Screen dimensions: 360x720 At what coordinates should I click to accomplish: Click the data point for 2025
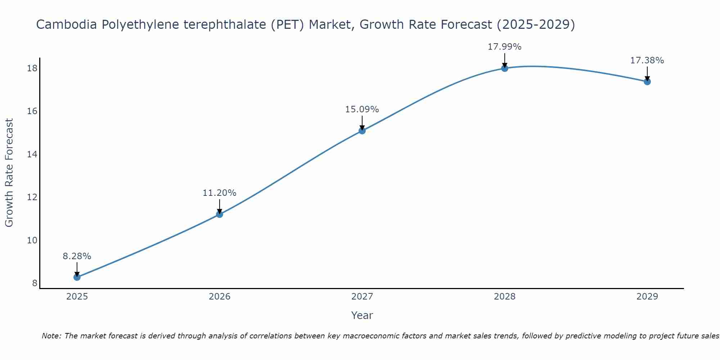point(77,277)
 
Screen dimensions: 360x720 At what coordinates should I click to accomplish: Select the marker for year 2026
point(220,214)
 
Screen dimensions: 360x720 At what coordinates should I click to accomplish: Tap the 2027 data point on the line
point(362,131)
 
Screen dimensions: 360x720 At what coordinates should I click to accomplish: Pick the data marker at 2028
point(505,68)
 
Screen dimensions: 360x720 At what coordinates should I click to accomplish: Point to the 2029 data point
point(647,81)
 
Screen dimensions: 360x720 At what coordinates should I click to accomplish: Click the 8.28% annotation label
point(77,256)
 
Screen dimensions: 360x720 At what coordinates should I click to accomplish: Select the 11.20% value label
point(220,193)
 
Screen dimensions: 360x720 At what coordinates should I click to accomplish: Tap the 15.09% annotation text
point(362,109)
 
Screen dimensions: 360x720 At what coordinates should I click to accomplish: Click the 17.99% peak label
point(505,47)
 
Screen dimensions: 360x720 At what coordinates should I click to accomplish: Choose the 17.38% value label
point(647,60)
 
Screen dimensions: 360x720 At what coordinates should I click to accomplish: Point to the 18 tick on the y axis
point(32,68)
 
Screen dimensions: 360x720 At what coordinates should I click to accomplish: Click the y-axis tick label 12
point(32,197)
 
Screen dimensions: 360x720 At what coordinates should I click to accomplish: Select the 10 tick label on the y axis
point(32,240)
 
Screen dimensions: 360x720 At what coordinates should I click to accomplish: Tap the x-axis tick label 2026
point(220,297)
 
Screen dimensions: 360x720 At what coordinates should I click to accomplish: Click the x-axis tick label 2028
point(505,297)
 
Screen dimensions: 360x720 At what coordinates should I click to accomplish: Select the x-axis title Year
point(362,315)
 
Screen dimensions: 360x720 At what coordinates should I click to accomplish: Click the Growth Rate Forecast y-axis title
point(9,173)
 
